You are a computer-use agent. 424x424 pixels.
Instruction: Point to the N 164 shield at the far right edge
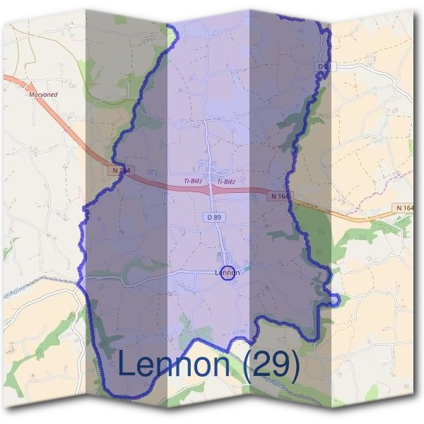(x=406, y=207)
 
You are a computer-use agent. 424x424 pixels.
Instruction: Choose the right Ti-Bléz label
(x=226, y=182)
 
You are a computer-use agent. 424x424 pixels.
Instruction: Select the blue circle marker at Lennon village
(x=227, y=273)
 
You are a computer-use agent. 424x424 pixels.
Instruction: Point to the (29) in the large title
(x=271, y=364)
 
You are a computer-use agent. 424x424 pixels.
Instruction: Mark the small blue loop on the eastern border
(x=334, y=300)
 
